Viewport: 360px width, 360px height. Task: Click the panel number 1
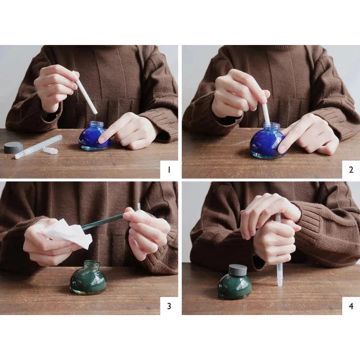click(x=169, y=170)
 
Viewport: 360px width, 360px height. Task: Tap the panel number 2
click(x=351, y=170)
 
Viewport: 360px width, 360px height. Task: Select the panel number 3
click(x=169, y=306)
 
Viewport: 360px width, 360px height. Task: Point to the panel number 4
click(x=351, y=306)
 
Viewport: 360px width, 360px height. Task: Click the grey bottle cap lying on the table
click(x=13, y=148)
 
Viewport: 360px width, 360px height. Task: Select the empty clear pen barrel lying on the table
click(x=39, y=147)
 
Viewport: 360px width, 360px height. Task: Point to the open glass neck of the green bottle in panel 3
click(x=92, y=264)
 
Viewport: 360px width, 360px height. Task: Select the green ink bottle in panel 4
click(x=235, y=282)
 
